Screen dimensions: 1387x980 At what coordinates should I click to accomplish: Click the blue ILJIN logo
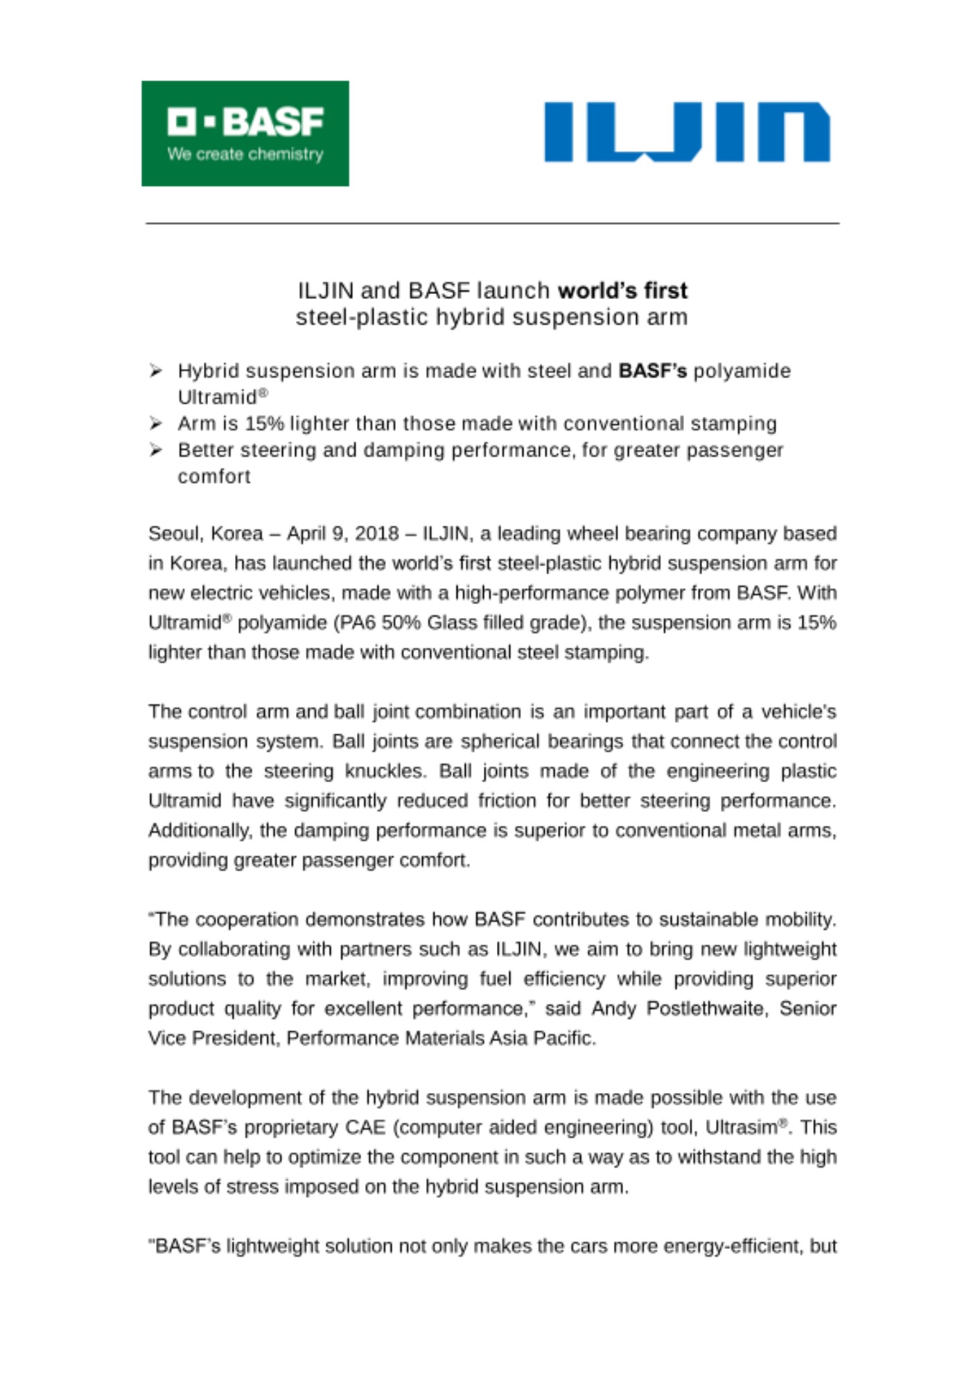(x=686, y=132)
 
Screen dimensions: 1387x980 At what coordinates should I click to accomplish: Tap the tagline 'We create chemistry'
(x=245, y=154)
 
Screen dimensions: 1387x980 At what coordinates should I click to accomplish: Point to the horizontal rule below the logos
(x=492, y=223)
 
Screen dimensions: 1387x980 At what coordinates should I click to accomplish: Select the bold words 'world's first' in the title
(x=622, y=290)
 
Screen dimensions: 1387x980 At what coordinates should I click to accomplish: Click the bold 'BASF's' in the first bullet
(x=652, y=371)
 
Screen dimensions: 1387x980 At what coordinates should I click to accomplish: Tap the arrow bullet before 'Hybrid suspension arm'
(x=156, y=371)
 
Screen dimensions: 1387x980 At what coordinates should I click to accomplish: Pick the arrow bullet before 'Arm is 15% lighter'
(x=156, y=424)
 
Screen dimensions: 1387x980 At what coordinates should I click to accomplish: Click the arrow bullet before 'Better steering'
(x=156, y=450)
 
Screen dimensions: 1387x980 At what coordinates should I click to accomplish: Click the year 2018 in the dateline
(x=376, y=534)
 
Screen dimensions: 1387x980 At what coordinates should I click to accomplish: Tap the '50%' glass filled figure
(x=401, y=623)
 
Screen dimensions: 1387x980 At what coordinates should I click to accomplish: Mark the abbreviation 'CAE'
(x=365, y=1128)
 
